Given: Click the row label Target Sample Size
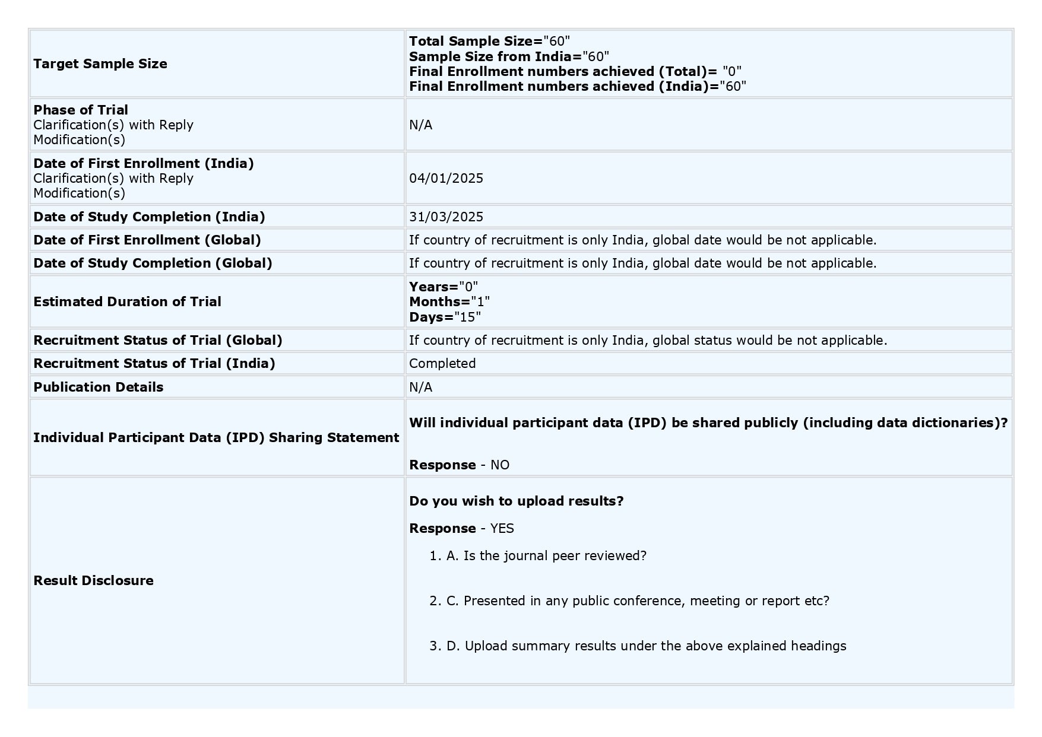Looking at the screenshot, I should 100,64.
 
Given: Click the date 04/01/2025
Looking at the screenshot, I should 446,179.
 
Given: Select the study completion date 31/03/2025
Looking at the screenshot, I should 446,217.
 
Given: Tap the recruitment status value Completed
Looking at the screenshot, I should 442,364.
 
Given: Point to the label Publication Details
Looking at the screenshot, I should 98,387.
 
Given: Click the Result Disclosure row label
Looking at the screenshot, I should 93,581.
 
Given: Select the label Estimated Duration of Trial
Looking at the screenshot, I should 127,302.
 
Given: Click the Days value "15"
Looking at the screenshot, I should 468,317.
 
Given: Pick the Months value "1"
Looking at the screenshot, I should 480,302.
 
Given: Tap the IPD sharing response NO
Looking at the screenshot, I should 500,465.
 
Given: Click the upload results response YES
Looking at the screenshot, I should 502,529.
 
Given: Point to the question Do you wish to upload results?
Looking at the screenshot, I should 516,501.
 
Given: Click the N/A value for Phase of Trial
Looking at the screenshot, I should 420,125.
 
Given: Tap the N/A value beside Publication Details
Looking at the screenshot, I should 420,387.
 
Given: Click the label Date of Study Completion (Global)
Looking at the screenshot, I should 153,263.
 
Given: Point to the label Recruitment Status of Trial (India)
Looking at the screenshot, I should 154,364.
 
